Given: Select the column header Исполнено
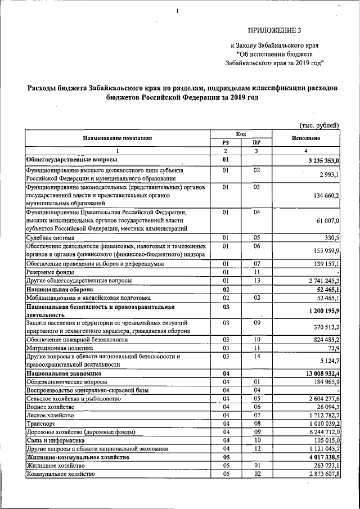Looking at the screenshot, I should point(307,138).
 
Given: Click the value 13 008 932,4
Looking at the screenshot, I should point(319,373).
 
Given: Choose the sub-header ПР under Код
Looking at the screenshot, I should point(256,143).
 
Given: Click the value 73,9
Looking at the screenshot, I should point(332,349).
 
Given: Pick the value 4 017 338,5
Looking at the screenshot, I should point(321,458).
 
